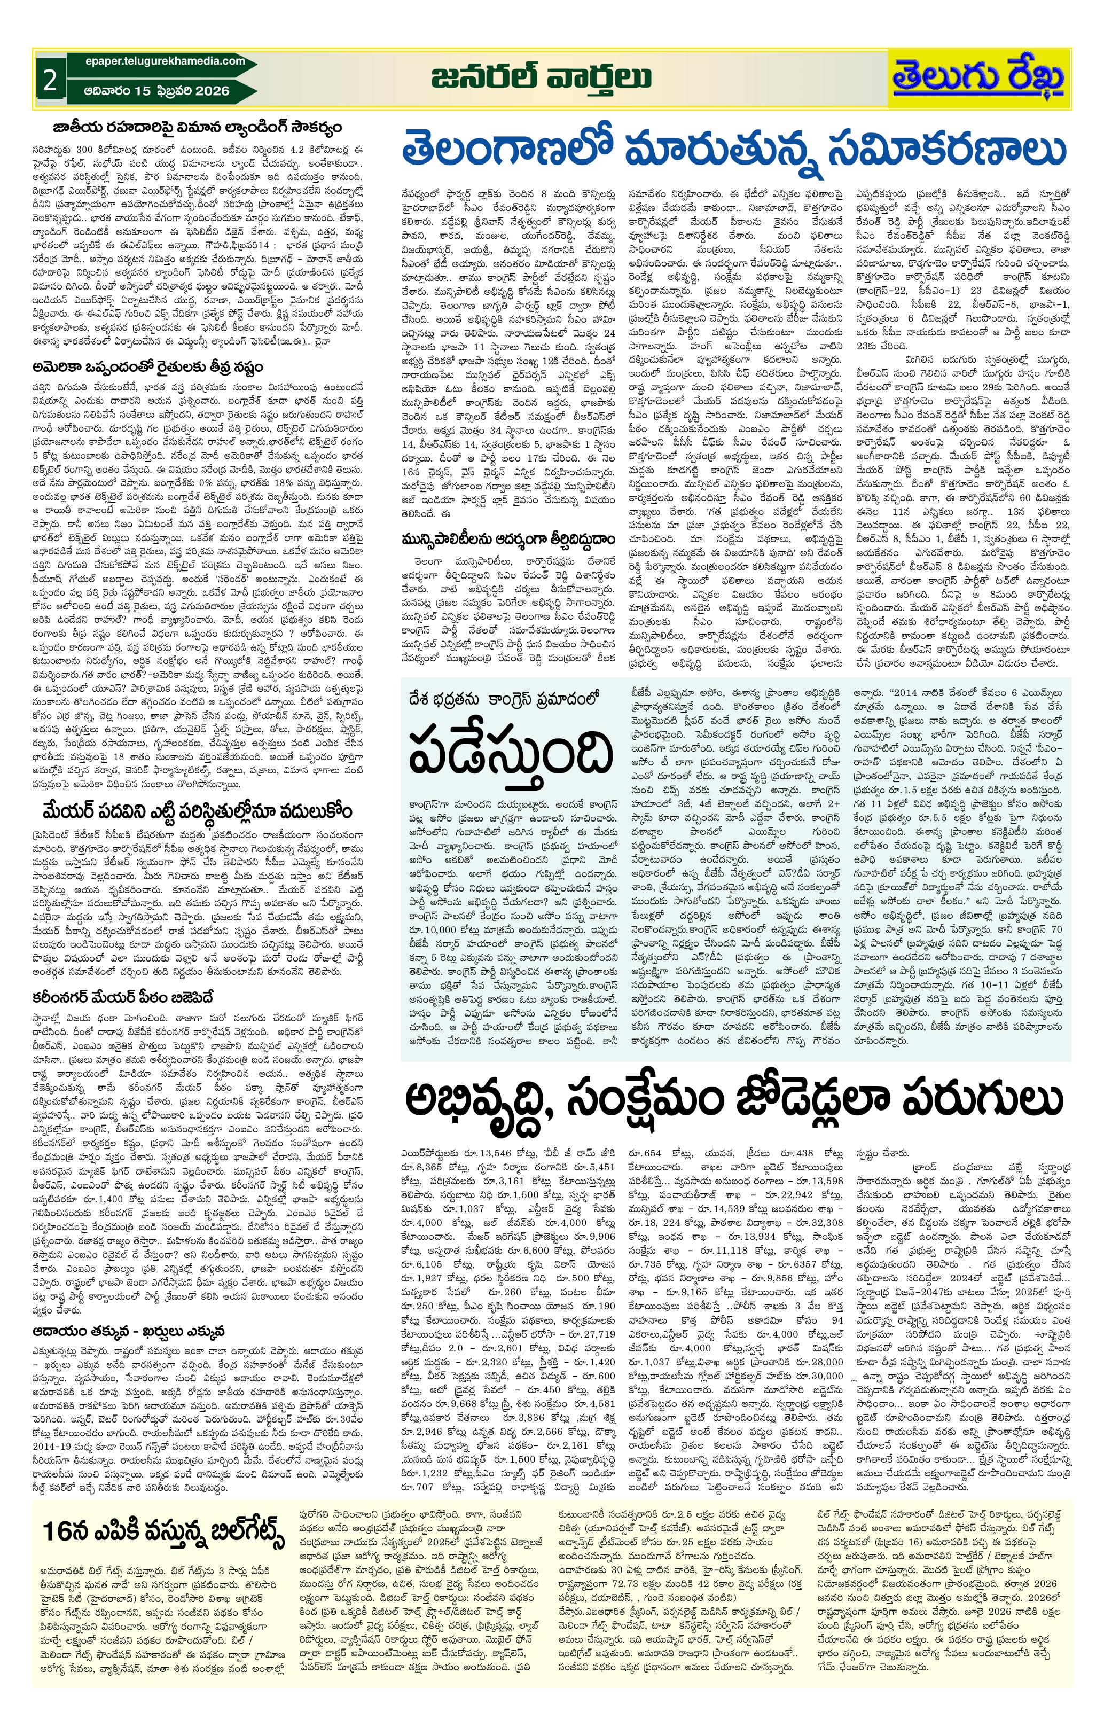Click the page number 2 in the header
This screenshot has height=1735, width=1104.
49,80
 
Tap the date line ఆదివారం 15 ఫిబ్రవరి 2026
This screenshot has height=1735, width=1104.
157,91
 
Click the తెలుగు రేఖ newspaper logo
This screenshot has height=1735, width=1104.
978,78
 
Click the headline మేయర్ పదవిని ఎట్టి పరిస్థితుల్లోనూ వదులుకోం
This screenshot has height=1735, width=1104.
196,810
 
